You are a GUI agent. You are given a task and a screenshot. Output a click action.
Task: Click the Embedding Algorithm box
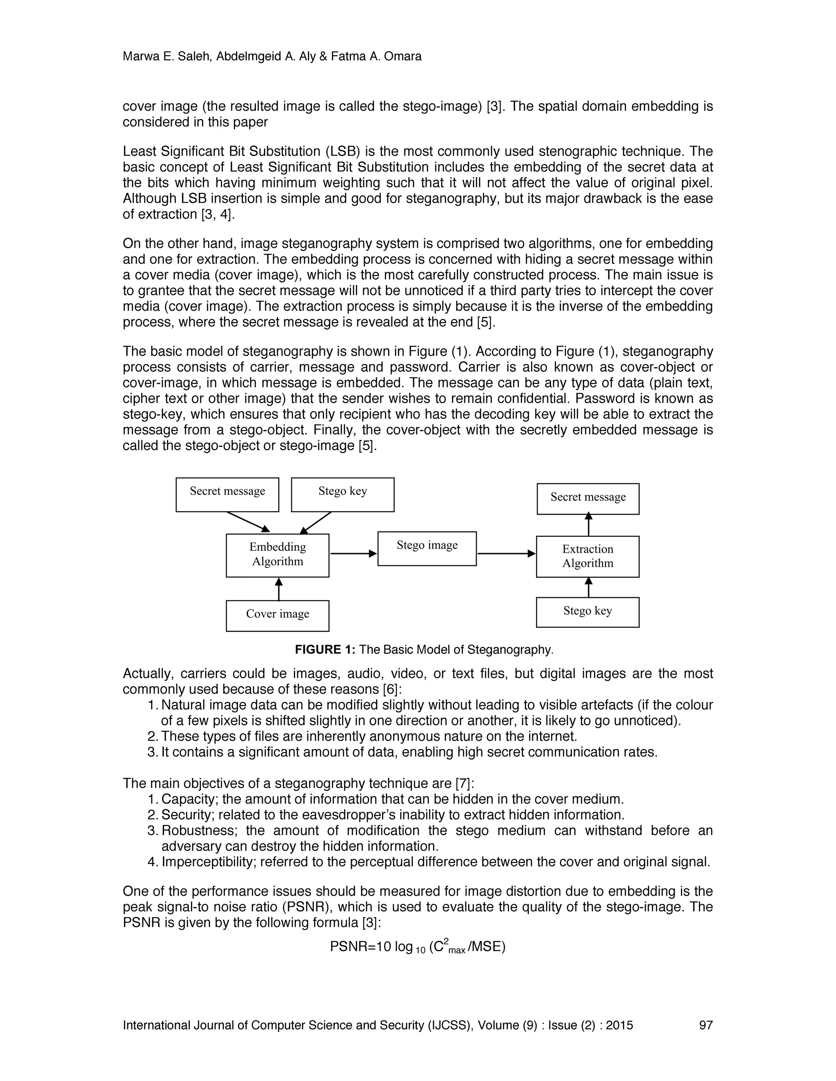277,555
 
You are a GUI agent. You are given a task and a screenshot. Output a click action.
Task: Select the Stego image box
427,548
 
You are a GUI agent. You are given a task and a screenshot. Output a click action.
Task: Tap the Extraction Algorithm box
587,556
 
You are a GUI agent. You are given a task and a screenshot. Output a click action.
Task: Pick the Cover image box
277,615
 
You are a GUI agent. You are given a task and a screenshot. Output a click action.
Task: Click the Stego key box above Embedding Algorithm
343,494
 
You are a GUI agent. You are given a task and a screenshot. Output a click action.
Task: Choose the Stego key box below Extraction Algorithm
587,612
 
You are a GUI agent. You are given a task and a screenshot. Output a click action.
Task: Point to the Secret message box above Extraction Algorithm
588,498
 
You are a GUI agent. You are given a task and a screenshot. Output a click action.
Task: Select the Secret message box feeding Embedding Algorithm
227,494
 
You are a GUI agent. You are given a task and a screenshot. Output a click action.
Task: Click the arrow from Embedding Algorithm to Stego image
353,554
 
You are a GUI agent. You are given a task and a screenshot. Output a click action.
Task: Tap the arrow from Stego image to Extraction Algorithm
506,554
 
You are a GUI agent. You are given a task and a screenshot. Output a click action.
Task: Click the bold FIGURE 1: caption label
325,649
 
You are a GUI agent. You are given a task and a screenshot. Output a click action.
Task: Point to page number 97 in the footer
705,1025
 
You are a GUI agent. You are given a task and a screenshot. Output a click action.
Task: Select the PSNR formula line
418,947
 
